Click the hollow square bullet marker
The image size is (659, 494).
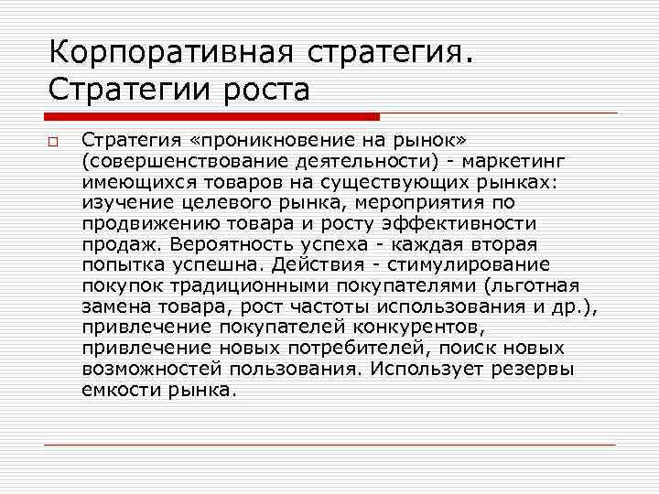click(54, 142)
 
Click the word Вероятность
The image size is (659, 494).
click(241, 243)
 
